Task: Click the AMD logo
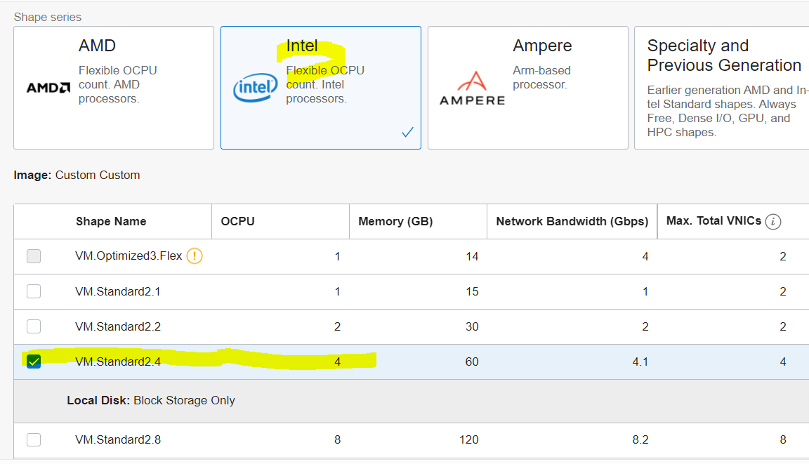coord(48,88)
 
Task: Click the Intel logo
coord(256,88)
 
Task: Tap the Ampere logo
coord(472,88)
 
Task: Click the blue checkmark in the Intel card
coord(407,132)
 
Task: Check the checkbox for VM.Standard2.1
coord(34,291)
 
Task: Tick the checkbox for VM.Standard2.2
coord(34,326)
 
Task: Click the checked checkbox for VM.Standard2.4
coord(34,362)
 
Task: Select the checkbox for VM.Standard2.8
coord(34,440)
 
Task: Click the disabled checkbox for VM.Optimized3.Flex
coord(34,256)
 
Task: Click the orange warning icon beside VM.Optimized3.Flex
coord(195,256)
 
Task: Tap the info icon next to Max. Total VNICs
coord(773,222)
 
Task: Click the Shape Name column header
coord(111,221)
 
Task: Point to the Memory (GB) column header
coord(395,221)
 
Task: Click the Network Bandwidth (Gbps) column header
coord(572,221)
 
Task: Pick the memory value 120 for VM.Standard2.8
coord(468,440)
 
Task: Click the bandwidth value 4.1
coord(640,362)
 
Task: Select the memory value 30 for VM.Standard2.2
coord(472,326)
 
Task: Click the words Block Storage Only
coord(184,401)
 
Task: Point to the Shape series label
coord(48,17)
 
